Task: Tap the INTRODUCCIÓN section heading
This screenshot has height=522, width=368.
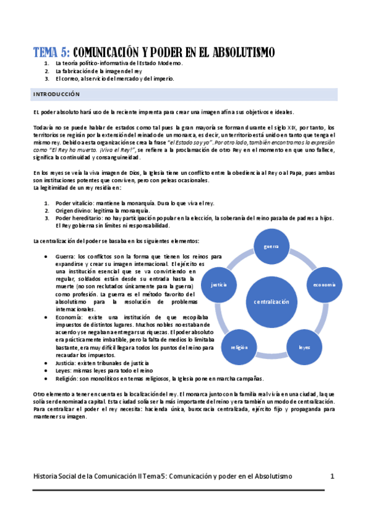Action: (x=57, y=95)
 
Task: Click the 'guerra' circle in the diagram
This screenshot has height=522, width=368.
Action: (x=271, y=247)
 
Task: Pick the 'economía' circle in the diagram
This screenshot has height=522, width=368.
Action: (x=323, y=284)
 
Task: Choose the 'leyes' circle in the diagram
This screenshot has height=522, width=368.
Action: (x=304, y=347)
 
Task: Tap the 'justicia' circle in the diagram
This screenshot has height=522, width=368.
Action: (x=219, y=285)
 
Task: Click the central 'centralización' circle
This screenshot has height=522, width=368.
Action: (x=271, y=302)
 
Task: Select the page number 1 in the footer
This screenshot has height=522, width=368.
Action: (x=332, y=476)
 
